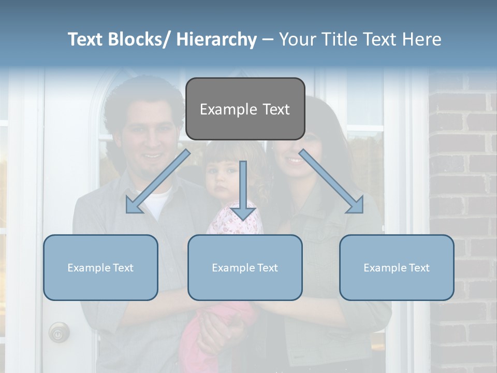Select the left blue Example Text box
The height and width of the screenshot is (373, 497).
pos(100,267)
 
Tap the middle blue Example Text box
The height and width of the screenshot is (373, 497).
pos(245,267)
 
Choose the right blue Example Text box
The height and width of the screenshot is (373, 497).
pos(397,267)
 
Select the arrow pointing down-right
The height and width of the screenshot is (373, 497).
pos(332,182)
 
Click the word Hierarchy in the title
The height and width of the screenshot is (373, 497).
pos(216,39)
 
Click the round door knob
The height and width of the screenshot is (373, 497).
pos(59,332)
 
